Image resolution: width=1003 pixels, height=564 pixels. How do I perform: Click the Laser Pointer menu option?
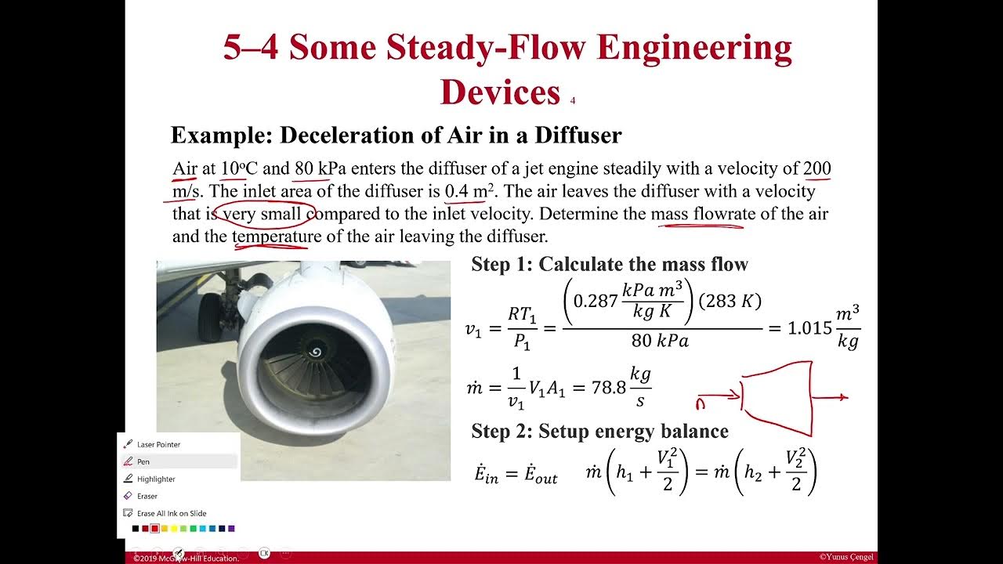(x=158, y=444)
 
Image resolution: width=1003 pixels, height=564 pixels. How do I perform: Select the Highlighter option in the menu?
(x=156, y=479)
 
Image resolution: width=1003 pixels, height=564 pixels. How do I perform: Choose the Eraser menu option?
(x=147, y=496)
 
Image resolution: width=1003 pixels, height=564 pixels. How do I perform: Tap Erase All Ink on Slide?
(x=172, y=513)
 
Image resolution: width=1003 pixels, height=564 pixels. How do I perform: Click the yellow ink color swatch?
(x=165, y=529)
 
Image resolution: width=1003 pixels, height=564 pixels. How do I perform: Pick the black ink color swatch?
(x=136, y=529)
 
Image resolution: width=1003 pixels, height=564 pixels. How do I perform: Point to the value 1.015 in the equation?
(x=809, y=328)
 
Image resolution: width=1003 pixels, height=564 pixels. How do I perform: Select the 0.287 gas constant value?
(x=596, y=301)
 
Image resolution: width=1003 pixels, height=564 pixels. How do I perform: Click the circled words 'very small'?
(x=263, y=214)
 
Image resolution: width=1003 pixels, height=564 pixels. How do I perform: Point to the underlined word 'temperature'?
(x=277, y=236)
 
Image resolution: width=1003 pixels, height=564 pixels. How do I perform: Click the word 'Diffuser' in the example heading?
(x=578, y=136)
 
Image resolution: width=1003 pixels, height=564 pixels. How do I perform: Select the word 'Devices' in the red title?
(x=500, y=92)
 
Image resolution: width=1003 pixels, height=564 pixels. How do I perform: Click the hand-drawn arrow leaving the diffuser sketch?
(x=830, y=397)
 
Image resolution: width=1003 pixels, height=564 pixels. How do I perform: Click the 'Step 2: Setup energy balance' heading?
(x=599, y=431)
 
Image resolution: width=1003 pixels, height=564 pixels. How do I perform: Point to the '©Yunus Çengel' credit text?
(x=846, y=557)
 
